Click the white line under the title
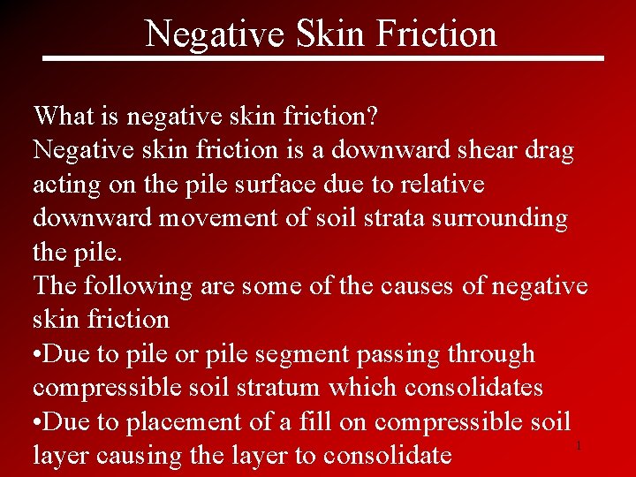click(323, 58)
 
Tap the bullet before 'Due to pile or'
click(37, 354)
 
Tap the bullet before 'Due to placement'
click(37, 422)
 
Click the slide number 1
click(579, 446)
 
